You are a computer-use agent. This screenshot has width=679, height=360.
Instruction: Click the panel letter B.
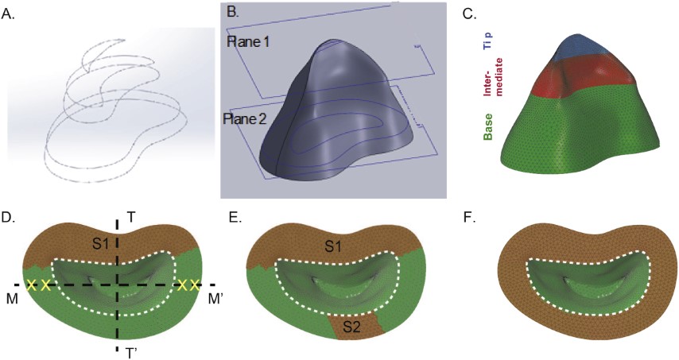[232, 11]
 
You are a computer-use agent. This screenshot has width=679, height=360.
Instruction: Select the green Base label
[486, 126]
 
